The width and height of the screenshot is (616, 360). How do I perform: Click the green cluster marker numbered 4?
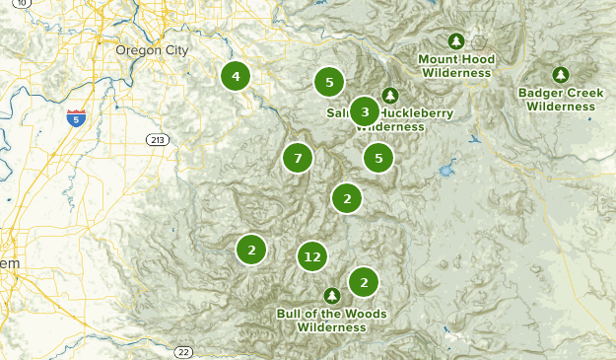(x=235, y=76)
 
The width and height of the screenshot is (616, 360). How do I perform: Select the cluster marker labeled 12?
(x=312, y=257)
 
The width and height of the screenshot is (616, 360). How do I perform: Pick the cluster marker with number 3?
(x=365, y=112)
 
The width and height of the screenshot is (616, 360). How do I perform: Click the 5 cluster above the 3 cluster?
(x=329, y=83)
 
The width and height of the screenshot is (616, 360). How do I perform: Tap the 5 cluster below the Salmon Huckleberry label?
(x=378, y=157)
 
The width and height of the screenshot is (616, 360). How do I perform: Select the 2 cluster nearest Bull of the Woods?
(x=364, y=283)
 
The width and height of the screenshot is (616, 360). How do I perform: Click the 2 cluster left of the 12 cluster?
(x=252, y=251)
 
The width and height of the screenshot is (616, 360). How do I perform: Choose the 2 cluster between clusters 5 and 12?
(x=346, y=199)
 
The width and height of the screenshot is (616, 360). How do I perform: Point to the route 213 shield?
(x=156, y=141)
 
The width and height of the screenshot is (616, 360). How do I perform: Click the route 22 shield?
(x=182, y=352)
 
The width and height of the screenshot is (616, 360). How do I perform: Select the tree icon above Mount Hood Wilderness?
(x=455, y=41)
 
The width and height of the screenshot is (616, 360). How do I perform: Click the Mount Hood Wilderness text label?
(x=455, y=66)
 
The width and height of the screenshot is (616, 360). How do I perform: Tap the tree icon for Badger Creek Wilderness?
(x=561, y=74)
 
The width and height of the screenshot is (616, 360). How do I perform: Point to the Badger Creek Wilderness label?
(x=560, y=100)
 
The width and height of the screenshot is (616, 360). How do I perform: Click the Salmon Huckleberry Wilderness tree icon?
(x=390, y=96)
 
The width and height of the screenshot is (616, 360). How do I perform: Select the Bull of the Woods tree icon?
(x=332, y=295)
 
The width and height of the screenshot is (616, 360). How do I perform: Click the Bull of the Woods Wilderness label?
(x=331, y=321)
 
